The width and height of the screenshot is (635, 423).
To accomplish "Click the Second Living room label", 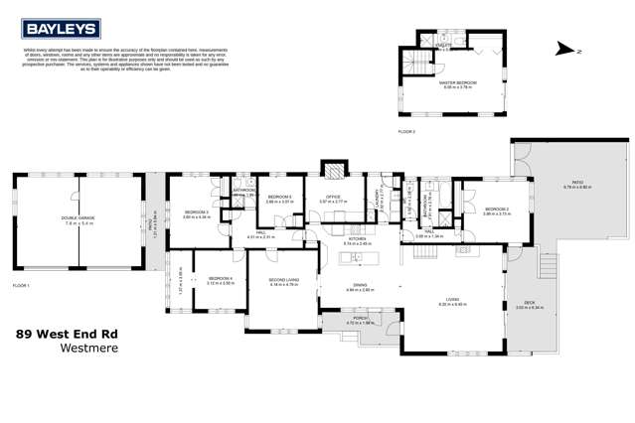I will [284, 282].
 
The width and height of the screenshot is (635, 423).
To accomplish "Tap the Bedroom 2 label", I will [497, 211].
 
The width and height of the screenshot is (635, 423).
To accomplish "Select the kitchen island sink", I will [348, 258].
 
